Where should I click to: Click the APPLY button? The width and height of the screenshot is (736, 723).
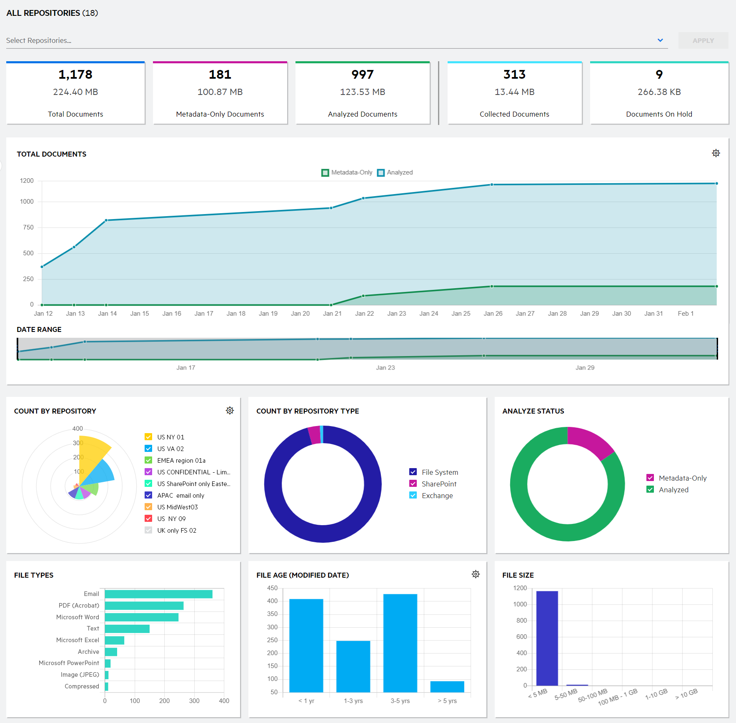click(703, 40)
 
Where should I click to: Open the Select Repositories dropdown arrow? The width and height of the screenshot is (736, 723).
click(660, 40)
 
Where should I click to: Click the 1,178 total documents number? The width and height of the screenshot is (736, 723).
click(75, 75)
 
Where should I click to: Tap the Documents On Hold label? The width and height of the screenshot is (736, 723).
click(659, 114)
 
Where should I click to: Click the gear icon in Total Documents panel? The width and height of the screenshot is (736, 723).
click(716, 153)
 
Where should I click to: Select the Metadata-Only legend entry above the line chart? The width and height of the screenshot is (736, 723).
click(347, 172)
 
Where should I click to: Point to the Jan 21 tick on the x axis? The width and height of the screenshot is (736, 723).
click(332, 314)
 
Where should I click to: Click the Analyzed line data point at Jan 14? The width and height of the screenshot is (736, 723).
click(106, 220)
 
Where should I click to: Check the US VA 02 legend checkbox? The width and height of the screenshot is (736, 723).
click(148, 449)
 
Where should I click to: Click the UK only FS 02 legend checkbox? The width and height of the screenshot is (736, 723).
click(148, 530)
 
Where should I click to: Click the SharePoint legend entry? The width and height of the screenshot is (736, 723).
click(438, 484)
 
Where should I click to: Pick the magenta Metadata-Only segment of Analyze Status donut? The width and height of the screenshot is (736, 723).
click(589, 441)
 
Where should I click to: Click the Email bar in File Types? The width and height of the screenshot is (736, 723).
click(158, 594)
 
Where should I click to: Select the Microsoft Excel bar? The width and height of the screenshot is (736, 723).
click(114, 640)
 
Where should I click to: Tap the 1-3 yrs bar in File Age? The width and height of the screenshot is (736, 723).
click(353, 666)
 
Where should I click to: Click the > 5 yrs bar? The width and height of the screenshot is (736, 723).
click(447, 686)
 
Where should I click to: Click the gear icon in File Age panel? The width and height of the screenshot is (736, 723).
click(476, 574)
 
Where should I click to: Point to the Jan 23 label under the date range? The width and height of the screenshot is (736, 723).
click(385, 368)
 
